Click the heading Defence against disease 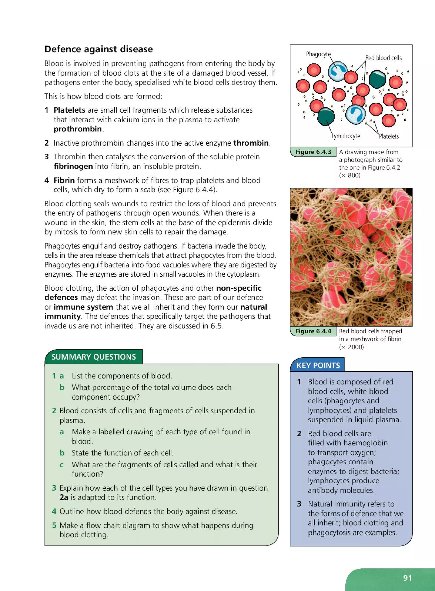99,49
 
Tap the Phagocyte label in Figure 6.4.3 318,54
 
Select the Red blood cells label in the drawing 383,58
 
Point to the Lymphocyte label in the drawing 345,136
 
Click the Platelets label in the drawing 389,136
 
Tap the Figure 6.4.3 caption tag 313,152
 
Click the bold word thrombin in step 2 251,143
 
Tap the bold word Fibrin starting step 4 64,180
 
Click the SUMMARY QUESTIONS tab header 94,357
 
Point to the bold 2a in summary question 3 64,497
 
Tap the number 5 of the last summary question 54,525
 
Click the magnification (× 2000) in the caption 351,347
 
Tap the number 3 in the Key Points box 299,504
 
